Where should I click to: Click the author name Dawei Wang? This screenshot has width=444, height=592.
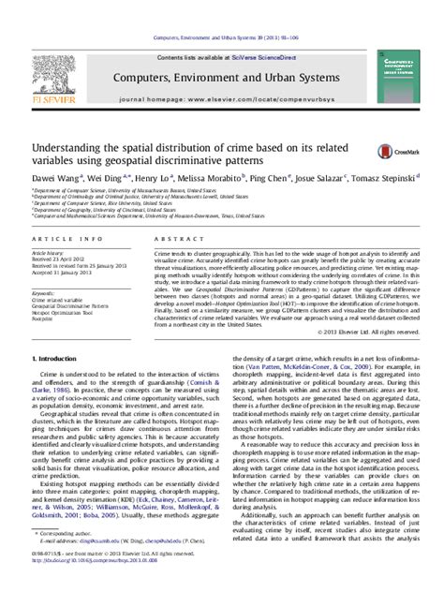pyautogui.click(x=56, y=176)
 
